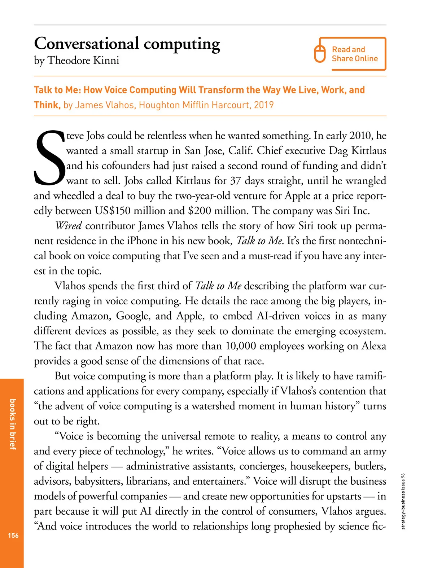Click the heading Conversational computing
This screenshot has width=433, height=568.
[127, 44]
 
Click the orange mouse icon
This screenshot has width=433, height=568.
[320, 54]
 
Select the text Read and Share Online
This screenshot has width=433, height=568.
[354, 54]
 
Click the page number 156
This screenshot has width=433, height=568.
[13, 535]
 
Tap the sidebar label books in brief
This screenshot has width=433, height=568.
[13, 424]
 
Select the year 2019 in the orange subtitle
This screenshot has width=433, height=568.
[264, 105]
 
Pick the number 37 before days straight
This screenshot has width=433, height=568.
[235, 181]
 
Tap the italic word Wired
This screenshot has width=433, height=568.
[69, 226]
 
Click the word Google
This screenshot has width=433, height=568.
[132, 316]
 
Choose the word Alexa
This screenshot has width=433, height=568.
[374, 346]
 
